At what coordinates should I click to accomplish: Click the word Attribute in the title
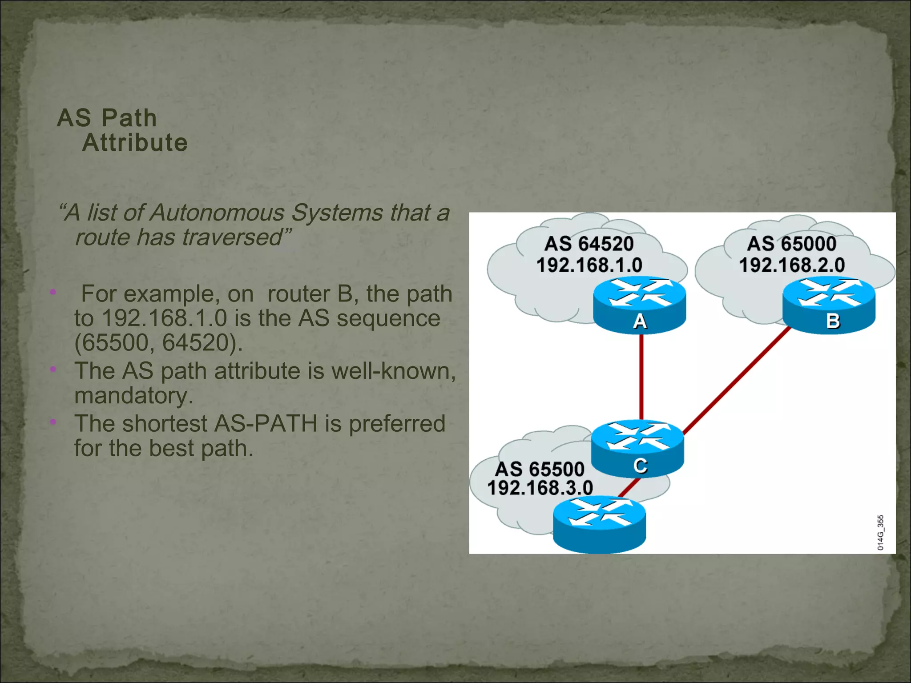click(135, 143)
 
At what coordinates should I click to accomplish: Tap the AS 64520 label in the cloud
click(589, 244)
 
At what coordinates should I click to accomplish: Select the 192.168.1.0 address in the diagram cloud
click(589, 265)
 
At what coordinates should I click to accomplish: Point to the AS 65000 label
click(791, 244)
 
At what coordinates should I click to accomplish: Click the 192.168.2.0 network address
click(791, 265)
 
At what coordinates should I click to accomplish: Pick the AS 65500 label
click(540, 469)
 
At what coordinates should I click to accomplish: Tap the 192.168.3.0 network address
click(540, 488)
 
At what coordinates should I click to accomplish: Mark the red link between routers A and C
click(641, 378)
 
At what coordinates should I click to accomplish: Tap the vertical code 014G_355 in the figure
click(880, 533)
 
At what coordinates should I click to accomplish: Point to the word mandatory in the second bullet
click(133, 396)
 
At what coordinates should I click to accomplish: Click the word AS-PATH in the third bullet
click(266, 423)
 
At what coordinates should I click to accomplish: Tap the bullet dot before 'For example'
click(53, 292)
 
